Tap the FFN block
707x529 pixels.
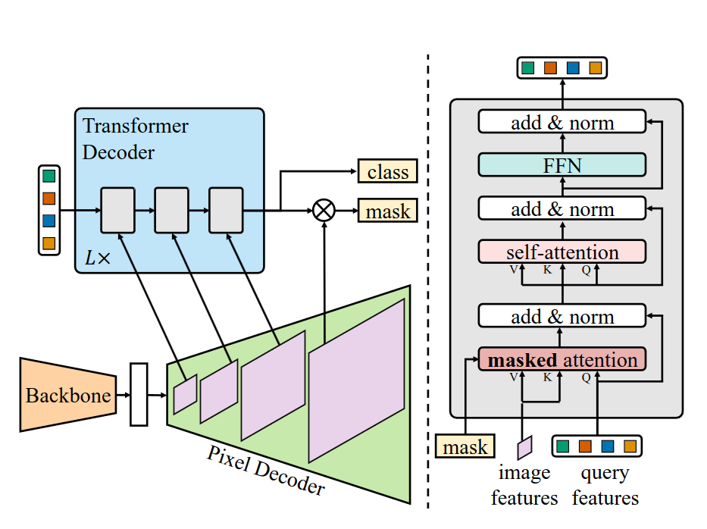[562, 164]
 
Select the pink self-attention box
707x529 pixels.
[562, 252]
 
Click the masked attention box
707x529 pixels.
[562, 359]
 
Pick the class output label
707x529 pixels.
[387, 172]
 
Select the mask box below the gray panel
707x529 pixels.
[465, 446]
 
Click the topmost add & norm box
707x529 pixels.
[562, 122]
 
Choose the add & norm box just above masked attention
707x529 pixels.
[562, 316]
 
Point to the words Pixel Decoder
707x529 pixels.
[265, 470]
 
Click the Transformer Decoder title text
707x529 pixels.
[135, 139]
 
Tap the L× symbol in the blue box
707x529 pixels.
[97, 258]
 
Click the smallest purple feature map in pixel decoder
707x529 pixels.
[185, 394]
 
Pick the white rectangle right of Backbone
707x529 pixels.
[139, 394]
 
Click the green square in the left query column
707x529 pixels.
[49, 177]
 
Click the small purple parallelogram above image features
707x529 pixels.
[524, 446]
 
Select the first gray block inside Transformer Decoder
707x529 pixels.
[117, 210]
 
